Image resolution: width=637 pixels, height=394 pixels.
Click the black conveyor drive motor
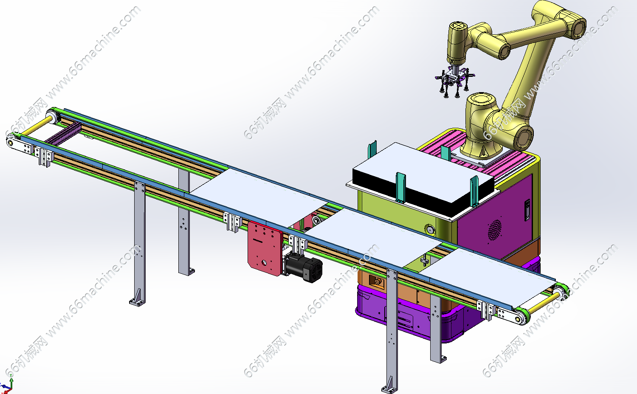[304, 267]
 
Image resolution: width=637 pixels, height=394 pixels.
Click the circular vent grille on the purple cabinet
[495, 230]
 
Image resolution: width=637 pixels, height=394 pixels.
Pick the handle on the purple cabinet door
[527, 210]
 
